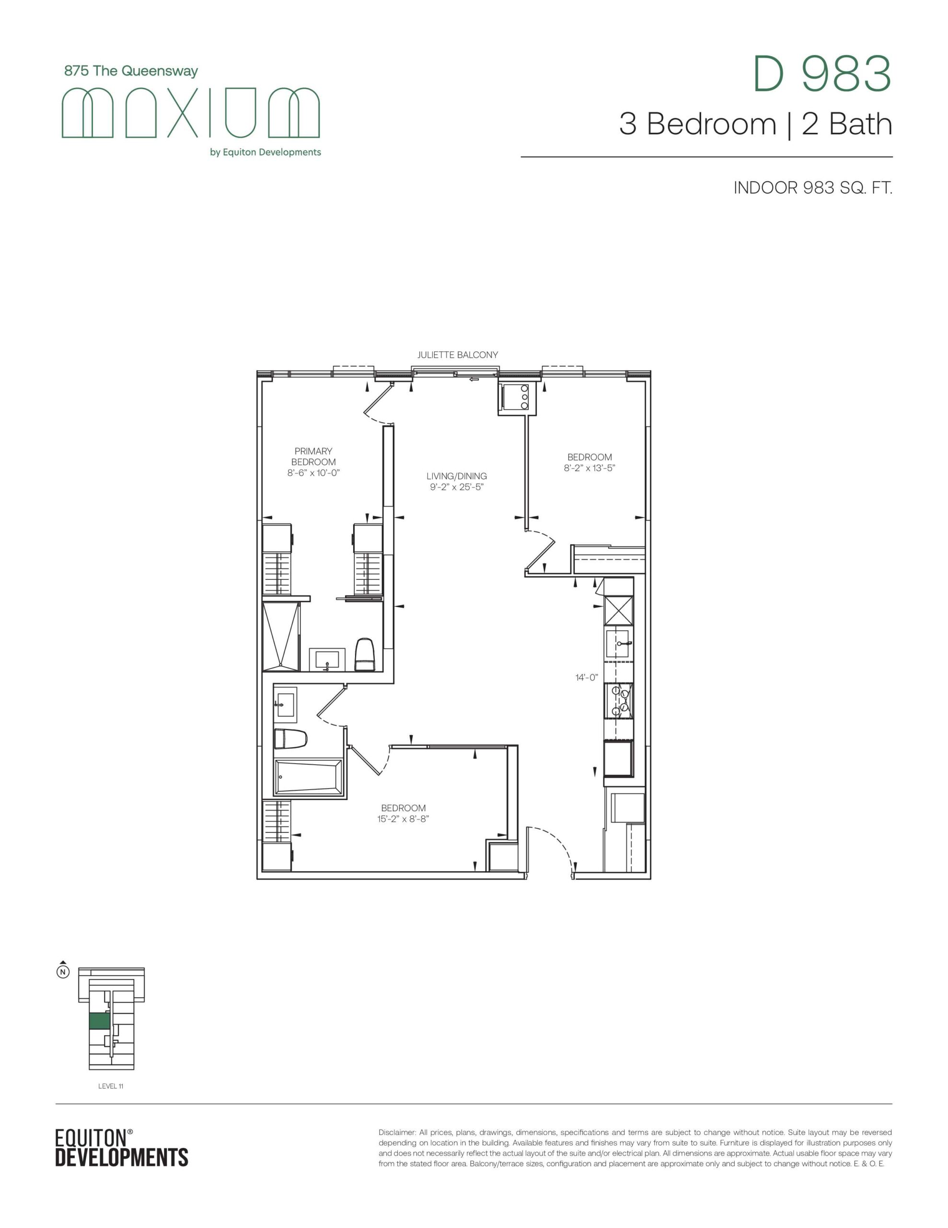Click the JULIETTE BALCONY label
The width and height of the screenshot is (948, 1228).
click(x=457, y=355)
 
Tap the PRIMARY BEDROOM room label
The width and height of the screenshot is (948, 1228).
click(x=313, y=457)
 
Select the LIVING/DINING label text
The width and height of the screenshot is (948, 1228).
click(x=456, y=476)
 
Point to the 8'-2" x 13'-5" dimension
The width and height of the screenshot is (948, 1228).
click(x=590, y=468)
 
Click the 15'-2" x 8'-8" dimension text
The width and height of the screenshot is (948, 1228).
click(x=403, y=819)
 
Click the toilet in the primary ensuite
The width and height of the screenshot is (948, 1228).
click(x=365, y=654)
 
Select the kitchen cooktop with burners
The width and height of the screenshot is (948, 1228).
click(x=619, y=701)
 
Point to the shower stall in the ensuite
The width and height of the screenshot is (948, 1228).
click(x=281, y=636)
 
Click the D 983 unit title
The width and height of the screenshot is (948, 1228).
click(x=823, y=74)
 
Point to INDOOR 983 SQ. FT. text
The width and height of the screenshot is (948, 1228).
click(x=813, y=188)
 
